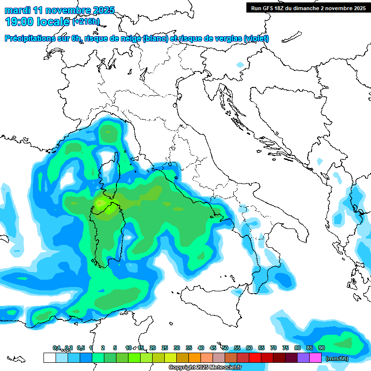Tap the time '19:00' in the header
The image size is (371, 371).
(x=20, y=21)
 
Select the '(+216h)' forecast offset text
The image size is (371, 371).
(x=86, y=22)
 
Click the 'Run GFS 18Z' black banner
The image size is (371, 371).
(x=308, y=8)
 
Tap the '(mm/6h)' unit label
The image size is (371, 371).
(x=337, y=358)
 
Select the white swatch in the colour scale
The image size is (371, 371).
(x=49, y=358)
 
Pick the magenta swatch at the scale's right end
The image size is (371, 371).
(x=315, y=358)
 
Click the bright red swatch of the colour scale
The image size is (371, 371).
(x=255, y=358)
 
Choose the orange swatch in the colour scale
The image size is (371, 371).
(x=195, y=358)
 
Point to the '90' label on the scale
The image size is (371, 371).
(x=321, y=348)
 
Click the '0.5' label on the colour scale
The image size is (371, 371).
(x=81, y=348)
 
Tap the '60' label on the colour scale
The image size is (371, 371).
(x=249, y=348)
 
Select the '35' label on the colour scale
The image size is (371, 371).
(x=189, y=348)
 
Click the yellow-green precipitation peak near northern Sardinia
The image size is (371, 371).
(x=102, y=202)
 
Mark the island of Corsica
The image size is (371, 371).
(x=111, y=169)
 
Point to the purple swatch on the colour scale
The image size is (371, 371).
(x=303, y=358)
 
